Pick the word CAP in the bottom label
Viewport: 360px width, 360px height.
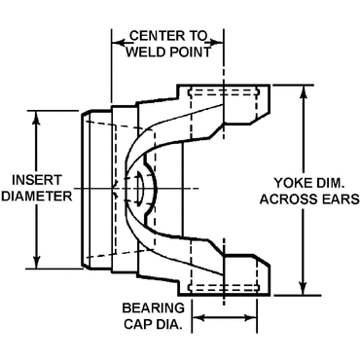tap(140, 323)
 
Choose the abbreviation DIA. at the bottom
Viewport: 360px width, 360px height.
tap(170, 323)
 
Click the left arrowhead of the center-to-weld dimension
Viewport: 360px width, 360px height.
tap(116, 41)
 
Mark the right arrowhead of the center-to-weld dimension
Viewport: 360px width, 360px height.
tap(221, 41)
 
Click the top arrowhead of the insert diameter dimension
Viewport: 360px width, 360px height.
tap(38, 115)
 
